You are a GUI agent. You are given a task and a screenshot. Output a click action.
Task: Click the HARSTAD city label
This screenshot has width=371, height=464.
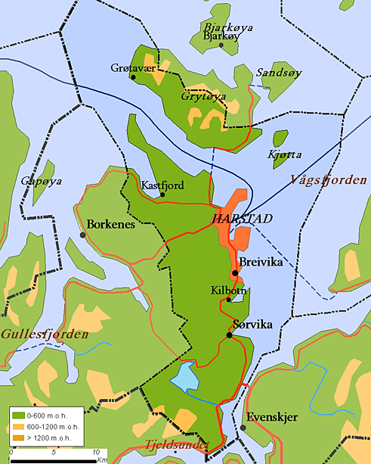[243, 218]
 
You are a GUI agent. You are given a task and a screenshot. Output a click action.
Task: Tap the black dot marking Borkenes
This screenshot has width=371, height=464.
[82, 235]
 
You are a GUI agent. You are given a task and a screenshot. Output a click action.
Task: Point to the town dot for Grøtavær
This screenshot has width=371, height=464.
[133, 76]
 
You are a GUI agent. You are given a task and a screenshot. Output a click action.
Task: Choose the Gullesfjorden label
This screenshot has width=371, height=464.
[45, 333]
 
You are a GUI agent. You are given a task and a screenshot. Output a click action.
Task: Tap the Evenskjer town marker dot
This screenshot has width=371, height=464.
[244, 428]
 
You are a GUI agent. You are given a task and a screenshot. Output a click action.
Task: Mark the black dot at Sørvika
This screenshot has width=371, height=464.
[228, 335]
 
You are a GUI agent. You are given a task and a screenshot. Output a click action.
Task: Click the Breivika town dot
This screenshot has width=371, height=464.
[235, 273]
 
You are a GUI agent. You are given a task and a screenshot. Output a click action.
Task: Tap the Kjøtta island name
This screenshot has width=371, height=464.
[285, 154]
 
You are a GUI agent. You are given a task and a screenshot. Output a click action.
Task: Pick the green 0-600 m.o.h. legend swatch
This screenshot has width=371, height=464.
[17, 415]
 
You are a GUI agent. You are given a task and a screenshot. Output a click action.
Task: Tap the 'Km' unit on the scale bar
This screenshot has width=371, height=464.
[101, 459]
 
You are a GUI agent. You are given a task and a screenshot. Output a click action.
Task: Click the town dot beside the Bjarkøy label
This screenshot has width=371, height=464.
[221, 45]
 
